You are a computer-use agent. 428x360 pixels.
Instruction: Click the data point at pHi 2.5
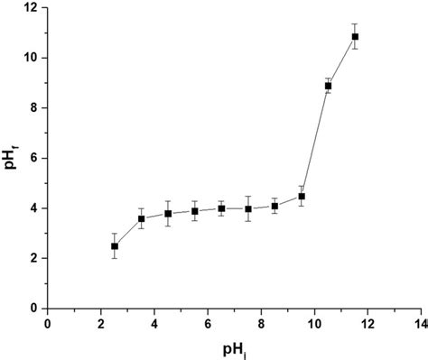pos(115,245)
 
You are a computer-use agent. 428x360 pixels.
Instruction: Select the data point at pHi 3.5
pos(142,218)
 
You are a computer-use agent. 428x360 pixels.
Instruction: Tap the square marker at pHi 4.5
pos(168,214)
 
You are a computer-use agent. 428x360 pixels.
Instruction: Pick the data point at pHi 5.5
pos(195,211)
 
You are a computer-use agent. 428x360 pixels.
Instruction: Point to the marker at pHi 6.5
pos(221,208)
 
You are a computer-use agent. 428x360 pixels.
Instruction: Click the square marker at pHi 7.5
pos(248,209)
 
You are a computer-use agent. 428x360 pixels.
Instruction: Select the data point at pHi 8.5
pos(274,206)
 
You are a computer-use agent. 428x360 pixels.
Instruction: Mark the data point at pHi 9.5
pos(302,196)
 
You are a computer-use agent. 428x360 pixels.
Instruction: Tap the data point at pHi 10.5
pos(328,86)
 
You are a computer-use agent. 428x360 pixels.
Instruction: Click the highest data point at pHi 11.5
pos(355,37)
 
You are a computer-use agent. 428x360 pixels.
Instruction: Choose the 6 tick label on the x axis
pos(209,321)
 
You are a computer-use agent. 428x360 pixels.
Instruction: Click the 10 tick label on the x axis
pos(315,321)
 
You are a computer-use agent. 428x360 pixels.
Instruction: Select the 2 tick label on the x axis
pos(101,321)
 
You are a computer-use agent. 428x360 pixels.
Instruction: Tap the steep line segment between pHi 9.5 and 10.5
pos(315,141)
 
